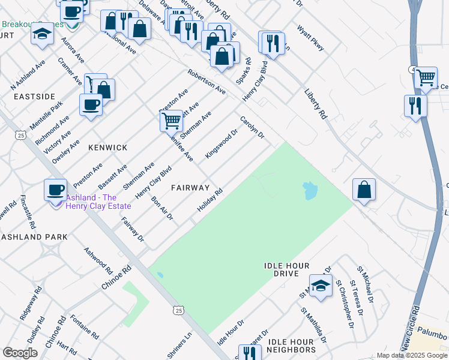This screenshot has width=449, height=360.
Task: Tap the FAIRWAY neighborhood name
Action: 190,187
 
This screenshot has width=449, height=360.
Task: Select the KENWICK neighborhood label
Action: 107,147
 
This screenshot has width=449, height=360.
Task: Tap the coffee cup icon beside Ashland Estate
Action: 56,190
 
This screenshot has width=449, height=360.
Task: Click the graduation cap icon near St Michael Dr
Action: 321,285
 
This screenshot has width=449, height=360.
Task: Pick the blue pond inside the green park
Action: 310,191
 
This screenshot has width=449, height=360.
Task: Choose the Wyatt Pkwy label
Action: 310,37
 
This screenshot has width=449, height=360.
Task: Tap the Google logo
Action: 20,353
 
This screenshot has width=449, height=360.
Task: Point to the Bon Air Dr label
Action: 162,208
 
